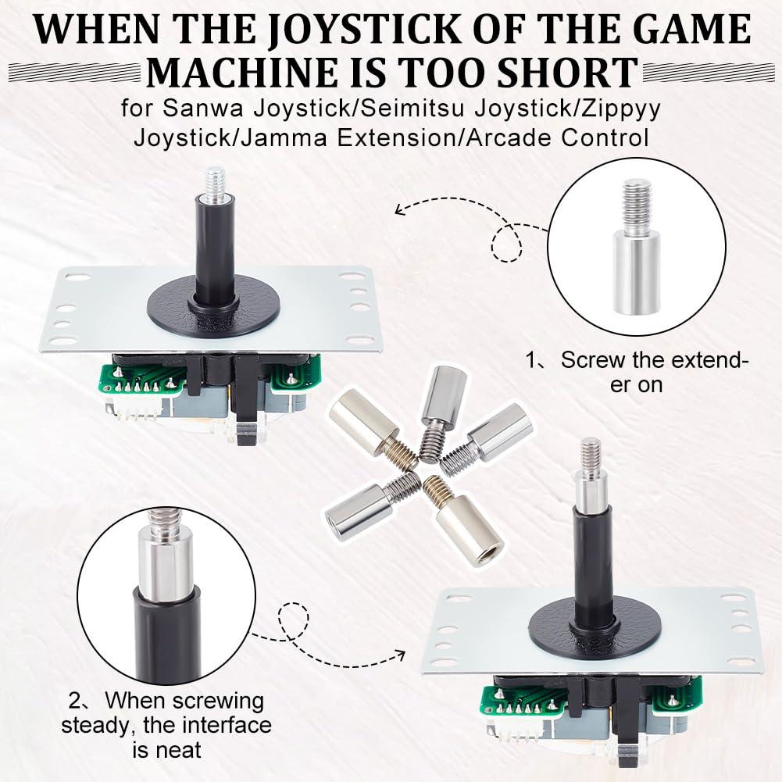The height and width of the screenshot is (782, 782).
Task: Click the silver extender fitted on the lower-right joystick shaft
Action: point(591,488)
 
